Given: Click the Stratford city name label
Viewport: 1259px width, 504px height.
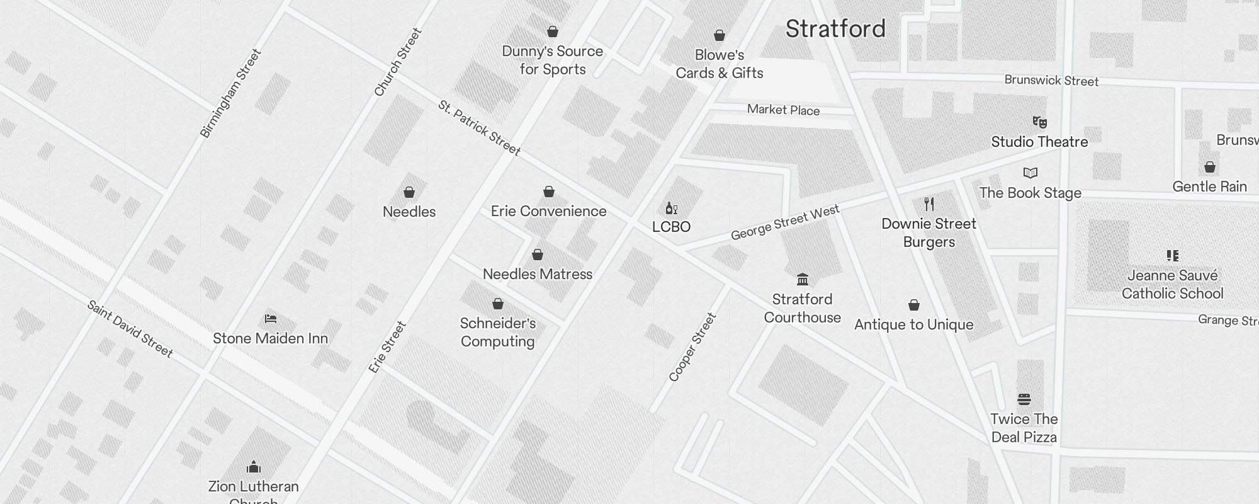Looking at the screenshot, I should click(835, 29).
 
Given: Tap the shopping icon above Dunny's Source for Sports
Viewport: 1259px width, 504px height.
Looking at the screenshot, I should click(553, 31).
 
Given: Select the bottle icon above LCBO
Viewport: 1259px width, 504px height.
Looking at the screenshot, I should click(671, 208).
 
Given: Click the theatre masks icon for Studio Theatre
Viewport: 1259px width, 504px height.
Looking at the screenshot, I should click(1039, 122).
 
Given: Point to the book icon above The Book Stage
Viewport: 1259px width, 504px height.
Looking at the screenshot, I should click(1030, 173).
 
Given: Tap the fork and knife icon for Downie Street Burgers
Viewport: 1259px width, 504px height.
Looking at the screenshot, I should click(929, 204).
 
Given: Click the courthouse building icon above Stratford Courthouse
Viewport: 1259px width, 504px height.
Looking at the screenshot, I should click(802, 279).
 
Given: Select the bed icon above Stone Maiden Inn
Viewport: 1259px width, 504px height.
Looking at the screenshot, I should click(271, 319).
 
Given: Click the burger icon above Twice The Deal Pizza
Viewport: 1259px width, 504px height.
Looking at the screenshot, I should click(1024, 399).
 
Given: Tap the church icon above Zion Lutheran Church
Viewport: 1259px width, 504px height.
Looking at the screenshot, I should click(254, 467).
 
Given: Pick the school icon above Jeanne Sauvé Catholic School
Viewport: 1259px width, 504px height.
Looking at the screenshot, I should click(1172, 256).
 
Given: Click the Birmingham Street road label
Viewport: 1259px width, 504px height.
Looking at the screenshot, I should click(230, 93).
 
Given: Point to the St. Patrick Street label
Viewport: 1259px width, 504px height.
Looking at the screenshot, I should click(479, 128).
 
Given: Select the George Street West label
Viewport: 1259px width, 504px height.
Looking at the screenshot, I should click(784, 222).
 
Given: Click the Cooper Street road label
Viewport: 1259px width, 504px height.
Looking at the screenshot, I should click(692, 347).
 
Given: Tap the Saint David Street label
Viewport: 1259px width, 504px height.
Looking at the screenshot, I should click(130, 329).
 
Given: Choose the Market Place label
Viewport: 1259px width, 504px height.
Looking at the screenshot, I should click(783, 110).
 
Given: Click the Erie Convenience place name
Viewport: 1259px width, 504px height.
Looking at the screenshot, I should click(548, 212).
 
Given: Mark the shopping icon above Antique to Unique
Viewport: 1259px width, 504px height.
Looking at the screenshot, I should click(914, 306).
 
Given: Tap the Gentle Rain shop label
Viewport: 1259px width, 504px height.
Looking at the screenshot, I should click(1209, 186).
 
